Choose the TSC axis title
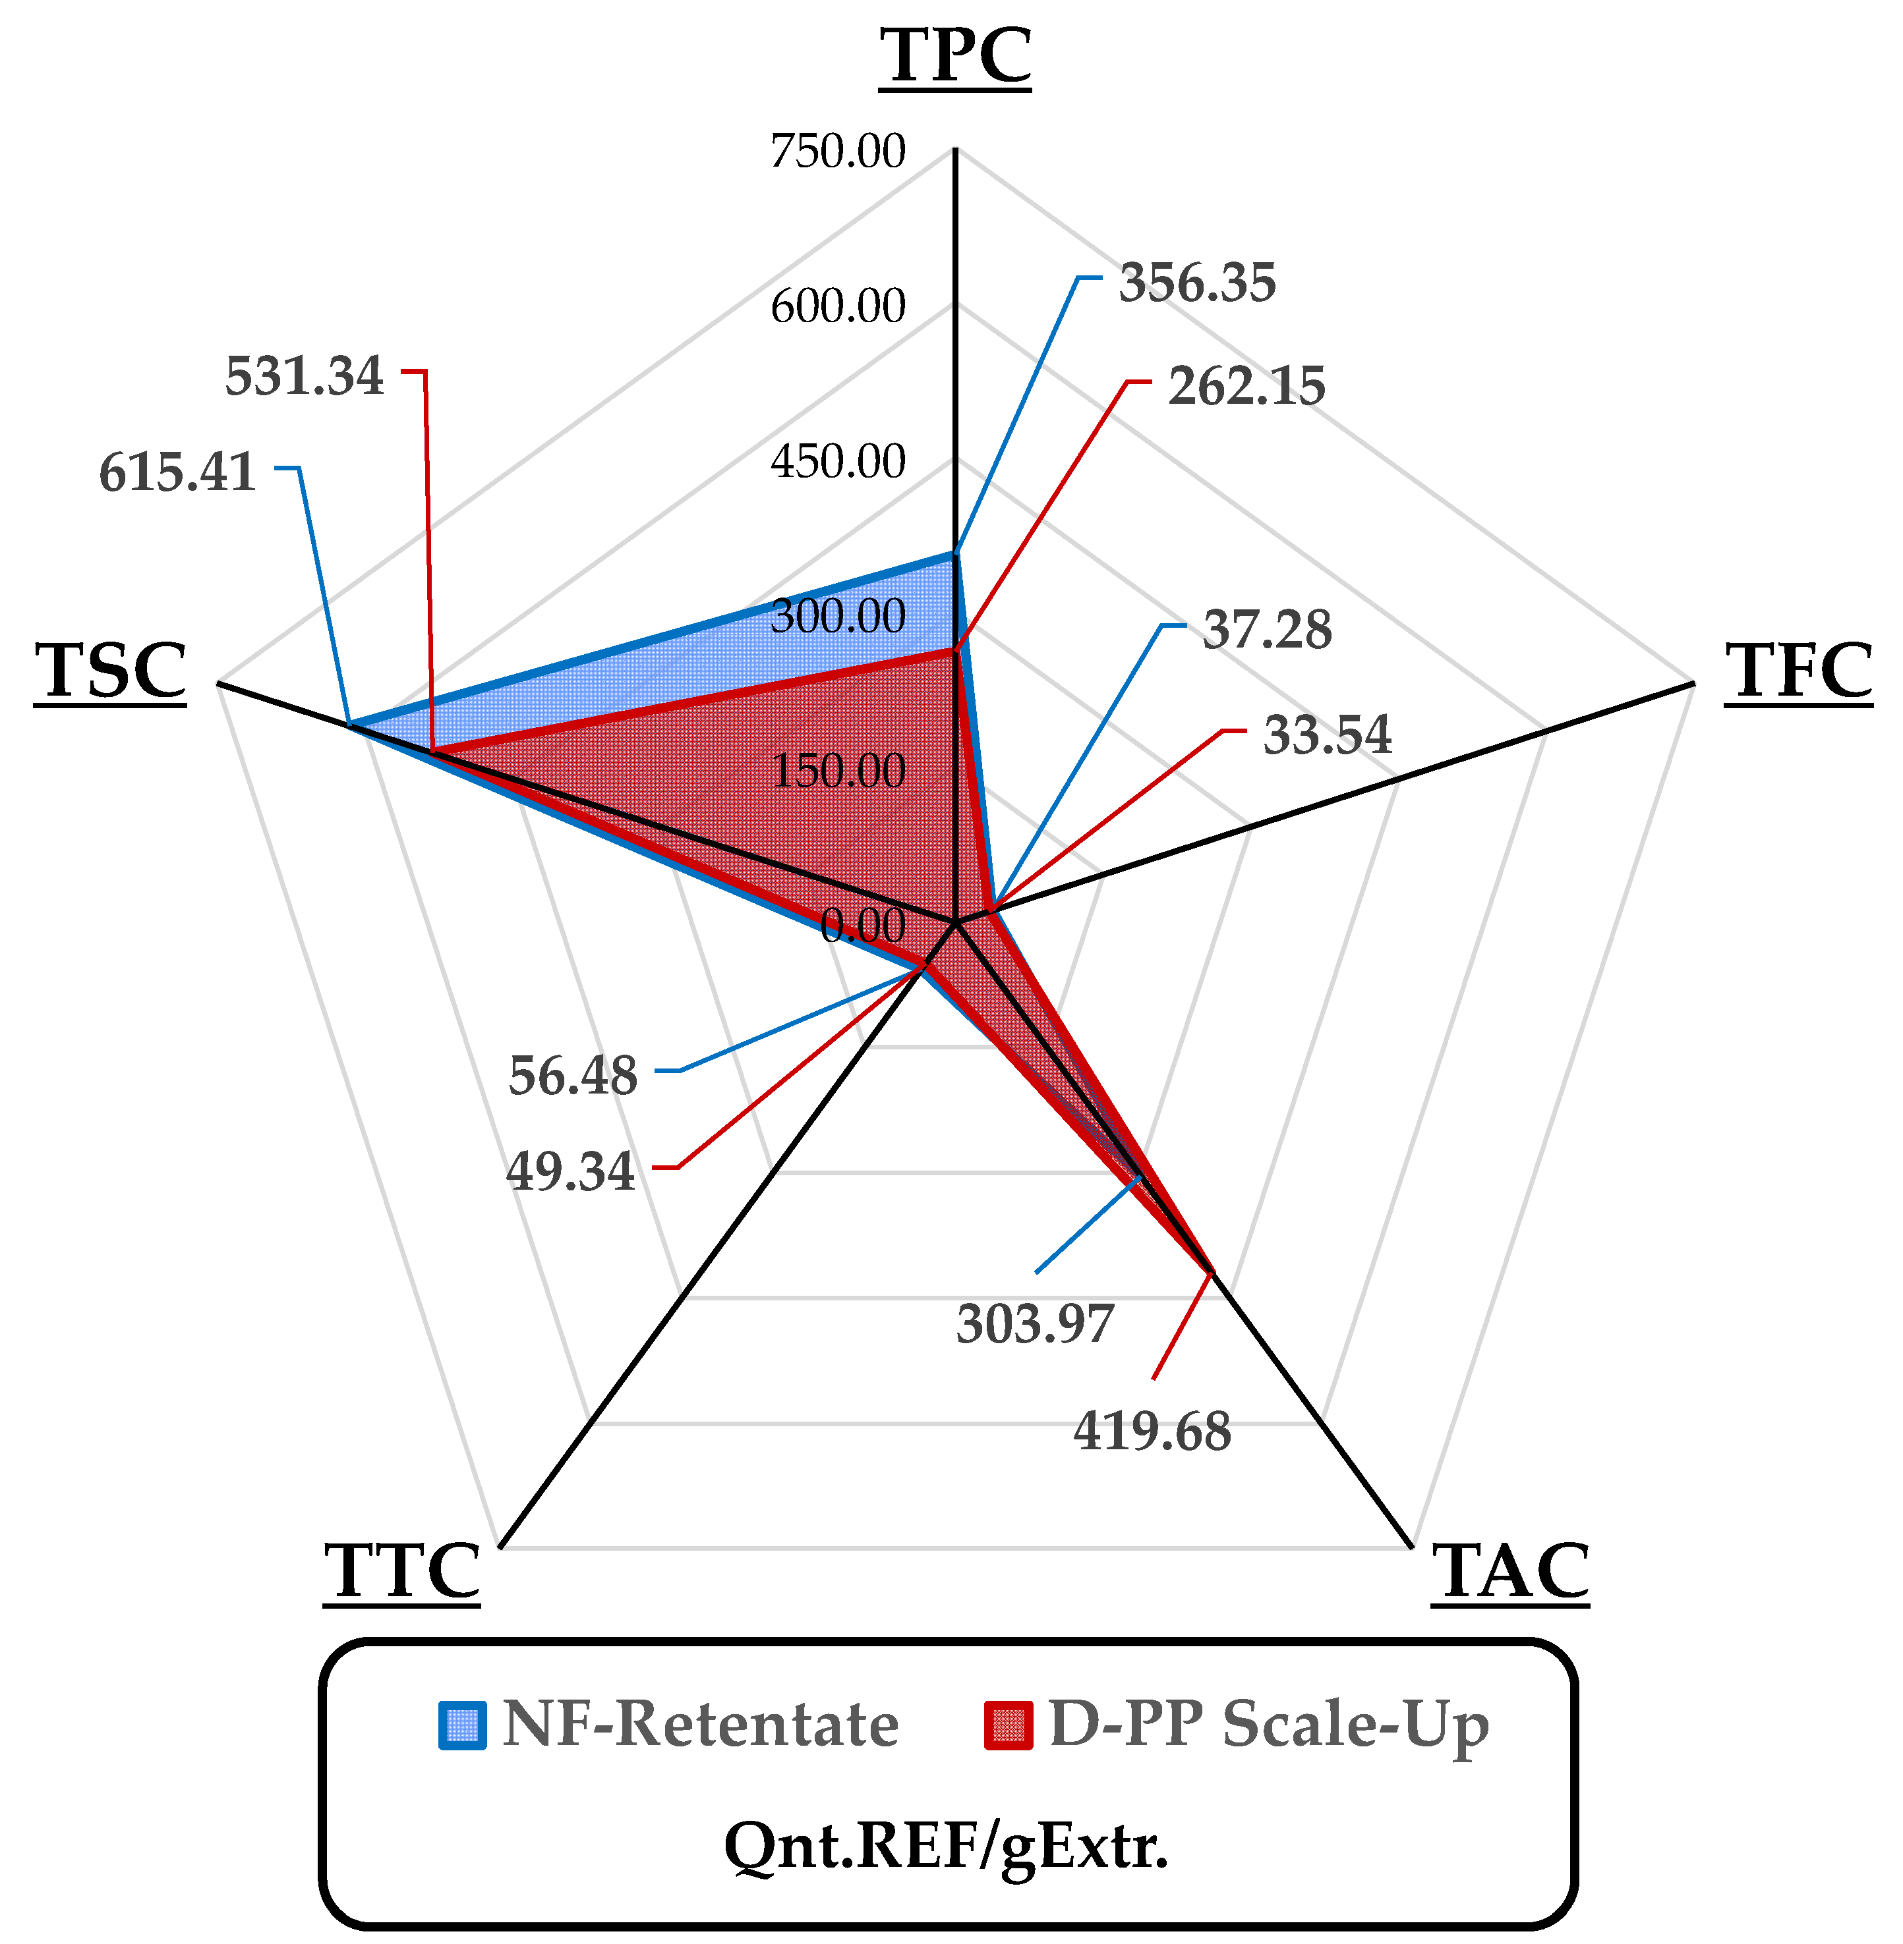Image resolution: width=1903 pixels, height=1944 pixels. (110, 671)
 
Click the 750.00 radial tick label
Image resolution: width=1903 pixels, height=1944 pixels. (838, 152)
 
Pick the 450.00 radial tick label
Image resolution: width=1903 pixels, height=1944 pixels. (838, 462)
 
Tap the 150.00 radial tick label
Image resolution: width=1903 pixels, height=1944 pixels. (838, 771)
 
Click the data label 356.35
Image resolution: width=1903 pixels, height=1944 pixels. (1196, 283)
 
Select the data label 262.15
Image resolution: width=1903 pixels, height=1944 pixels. (1246, 387)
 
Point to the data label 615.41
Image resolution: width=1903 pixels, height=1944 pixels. (177, 472)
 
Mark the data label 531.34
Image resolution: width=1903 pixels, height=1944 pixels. (304, 377)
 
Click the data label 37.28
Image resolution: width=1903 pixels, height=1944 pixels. (1266, 630)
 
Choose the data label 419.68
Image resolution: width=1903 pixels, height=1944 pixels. (1152, 1431)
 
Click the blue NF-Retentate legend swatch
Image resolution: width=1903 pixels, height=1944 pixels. (463, 1725)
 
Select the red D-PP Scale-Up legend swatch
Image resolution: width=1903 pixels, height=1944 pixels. (1007, 1725)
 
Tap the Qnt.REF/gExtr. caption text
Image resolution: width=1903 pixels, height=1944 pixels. (945, 1845)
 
